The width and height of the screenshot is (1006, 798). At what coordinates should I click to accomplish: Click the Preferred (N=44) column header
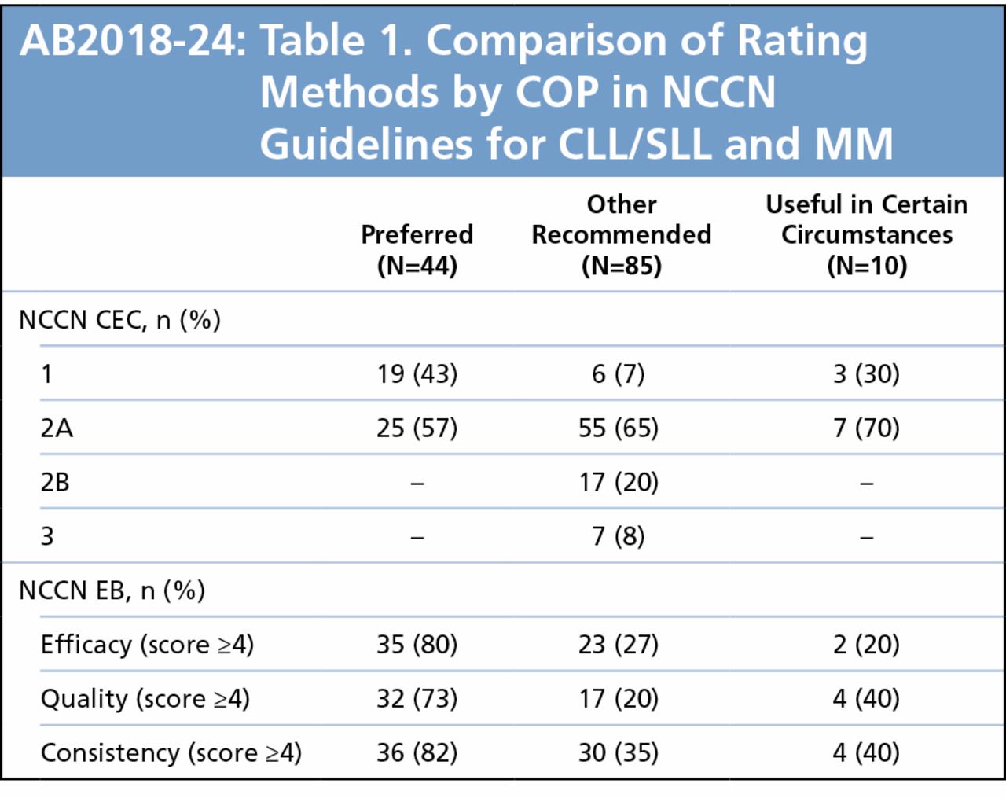click(417, 250)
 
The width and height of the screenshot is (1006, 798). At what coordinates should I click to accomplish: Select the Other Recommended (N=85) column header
click(621, 234)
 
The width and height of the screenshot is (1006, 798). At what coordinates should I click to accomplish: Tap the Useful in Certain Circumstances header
click(866, 234)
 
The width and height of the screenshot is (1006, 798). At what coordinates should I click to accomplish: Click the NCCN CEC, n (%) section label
click(119, 320)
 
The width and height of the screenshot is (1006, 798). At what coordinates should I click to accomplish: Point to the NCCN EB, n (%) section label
click(112, 590)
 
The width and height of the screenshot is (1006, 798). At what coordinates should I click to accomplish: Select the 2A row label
click(57, 428)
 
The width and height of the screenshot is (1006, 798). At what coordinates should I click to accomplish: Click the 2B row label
click(55, 482)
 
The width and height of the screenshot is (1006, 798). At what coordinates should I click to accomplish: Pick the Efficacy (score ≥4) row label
click(147, 645)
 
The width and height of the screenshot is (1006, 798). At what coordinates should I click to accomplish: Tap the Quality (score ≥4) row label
click(145, 699)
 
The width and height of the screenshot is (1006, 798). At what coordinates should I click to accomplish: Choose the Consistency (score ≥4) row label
click(171, 753)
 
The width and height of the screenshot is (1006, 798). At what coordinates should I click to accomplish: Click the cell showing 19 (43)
click(417, 373)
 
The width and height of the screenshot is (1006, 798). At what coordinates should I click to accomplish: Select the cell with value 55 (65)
click(619, 428)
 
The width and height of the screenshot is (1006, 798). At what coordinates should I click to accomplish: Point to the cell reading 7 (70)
click(866, 428)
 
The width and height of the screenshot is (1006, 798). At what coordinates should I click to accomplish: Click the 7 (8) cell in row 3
click(619, 536)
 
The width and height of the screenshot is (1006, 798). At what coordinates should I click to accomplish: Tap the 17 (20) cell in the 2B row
click(619, 482)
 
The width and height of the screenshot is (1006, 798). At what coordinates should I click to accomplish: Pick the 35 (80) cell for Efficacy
click(417, 645)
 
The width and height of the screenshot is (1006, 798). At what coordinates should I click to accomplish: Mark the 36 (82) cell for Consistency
click(417, 753)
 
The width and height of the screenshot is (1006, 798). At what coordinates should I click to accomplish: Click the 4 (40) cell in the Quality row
click(866, 699)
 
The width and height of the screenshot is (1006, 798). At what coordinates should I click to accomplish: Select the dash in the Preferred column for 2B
click(417, 484)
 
